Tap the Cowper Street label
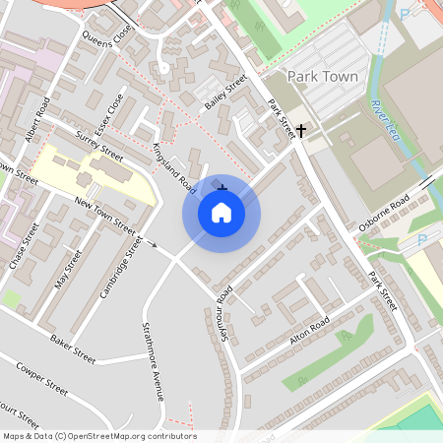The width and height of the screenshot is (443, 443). (x=42, y=377)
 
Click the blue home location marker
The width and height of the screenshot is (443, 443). (x=221, y=212)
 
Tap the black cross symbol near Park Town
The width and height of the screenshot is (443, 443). (x=301, y=129)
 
